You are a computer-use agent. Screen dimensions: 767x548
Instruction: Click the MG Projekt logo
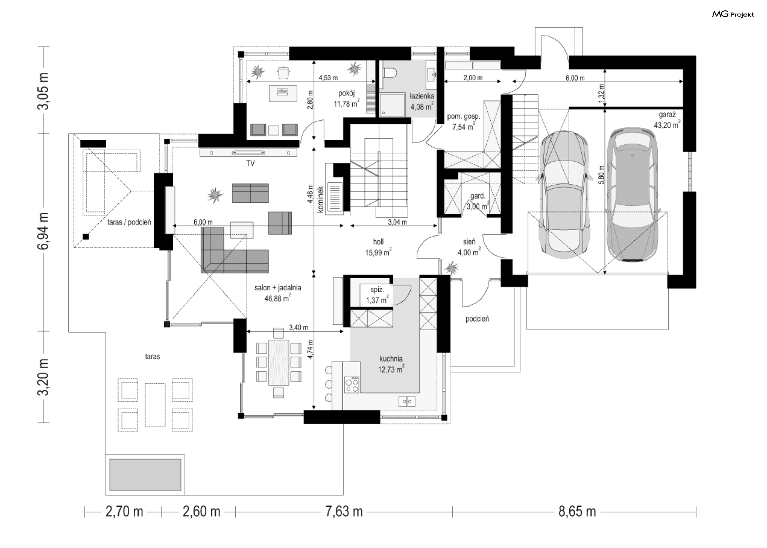[x=733, y=14]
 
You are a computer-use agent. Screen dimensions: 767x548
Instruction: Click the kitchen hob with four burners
[x=352, y=385]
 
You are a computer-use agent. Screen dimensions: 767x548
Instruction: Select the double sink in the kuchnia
[x=407, y=401]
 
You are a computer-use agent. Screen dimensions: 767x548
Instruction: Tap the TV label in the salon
[x=250, y=163]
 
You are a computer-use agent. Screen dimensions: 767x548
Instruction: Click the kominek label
[x=320, y=199]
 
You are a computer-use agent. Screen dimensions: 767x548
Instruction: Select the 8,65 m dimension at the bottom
[x=577, y=511]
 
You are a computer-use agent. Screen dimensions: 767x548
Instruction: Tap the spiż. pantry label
[x=377, y=290]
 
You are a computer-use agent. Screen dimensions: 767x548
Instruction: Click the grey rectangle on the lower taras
[x=145, y=475]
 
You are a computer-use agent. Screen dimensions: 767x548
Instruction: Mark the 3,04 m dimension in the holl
[x=397, y=222]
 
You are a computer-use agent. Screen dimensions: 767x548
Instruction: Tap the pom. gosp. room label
[x=463, y=116]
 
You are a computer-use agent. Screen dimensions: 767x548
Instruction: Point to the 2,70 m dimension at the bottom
[x=124, y=511]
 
